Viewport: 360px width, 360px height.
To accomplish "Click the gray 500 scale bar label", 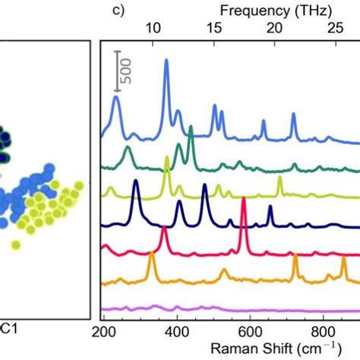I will point(127,70).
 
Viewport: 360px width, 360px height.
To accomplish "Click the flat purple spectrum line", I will point(228,309).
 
